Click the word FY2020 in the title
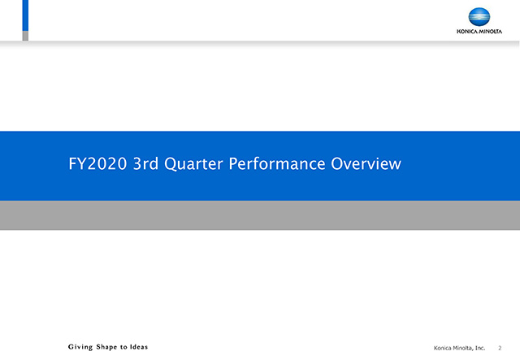tap(97, 163)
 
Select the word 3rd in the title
tap(145, 163)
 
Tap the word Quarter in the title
tap(193, 164)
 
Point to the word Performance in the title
tap(277, 163)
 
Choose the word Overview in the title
tap(366, 163)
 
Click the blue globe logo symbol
tap(479, 17)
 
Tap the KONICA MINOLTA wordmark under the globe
tap(479, 32)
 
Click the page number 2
tap(500, 348)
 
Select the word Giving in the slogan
tap(80, 347)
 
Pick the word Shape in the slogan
tap(106, 347)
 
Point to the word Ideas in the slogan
tap(139, 347)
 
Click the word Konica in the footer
tap(442, 348)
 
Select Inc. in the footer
tap(480, 348)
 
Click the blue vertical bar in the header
tap(25, 15)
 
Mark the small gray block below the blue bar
tap(25, 36)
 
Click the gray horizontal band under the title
tap(260, 215)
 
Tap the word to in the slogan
tap(123, 347)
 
